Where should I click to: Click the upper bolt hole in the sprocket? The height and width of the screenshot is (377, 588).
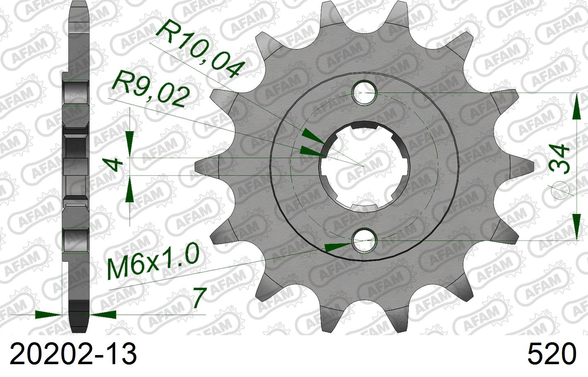point(364,93)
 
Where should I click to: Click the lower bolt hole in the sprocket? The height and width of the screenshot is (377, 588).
point(364,240)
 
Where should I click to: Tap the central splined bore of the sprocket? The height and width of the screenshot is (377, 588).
point(364,166)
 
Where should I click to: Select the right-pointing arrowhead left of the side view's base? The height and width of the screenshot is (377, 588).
point(48,315)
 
